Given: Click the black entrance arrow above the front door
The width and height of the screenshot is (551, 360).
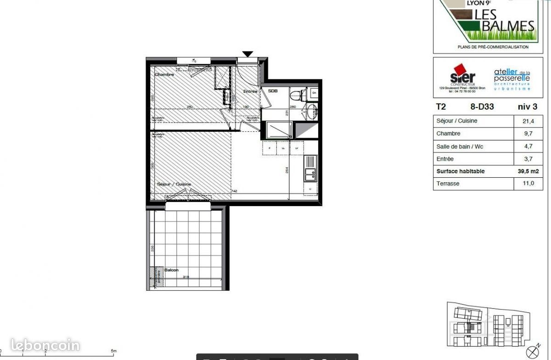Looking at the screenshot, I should pyautogui.click(x=247, y=54).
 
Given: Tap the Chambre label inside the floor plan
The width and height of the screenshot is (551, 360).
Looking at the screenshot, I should pyautogui.click(x=164, y=74).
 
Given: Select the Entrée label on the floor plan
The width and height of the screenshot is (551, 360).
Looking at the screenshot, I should pyautogui.click(x=250, y=91).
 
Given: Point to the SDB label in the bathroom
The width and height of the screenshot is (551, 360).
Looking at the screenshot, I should pyautogui.click(x=273, y=91).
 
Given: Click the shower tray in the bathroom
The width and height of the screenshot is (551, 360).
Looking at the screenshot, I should pyautogui.click(x=277, y=129).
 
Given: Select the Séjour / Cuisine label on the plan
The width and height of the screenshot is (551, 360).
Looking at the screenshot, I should pyautogui.click(x=174, y=184).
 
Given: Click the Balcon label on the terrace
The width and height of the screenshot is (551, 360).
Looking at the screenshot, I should pyautogui.click(x=171, y=270).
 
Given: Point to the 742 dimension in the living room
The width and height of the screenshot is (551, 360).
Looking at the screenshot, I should pyautogui.click(x=234, y=191).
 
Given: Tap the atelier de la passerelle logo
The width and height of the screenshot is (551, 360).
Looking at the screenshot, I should pyautogui.click(x=512, y=78).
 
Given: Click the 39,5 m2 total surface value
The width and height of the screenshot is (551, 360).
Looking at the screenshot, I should pyautogui.click(x=528, y=171).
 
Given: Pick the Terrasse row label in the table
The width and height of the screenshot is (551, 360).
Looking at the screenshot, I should pyautogui.click(x=448, y=184).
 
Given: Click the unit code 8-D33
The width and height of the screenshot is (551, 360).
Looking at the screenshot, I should pyautogui.click(x=482, y=107).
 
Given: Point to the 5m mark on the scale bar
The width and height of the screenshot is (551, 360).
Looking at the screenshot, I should pyautogui.click(x=113, y=351).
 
